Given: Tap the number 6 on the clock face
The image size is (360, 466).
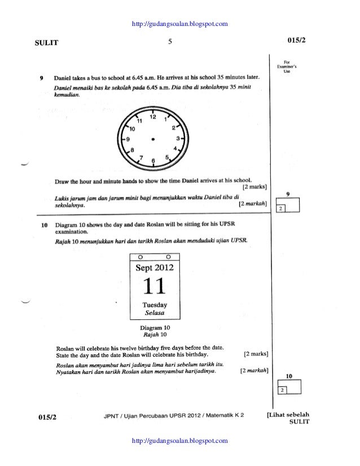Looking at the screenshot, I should tap(153, 161).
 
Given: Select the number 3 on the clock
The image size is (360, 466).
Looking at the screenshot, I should tap(178, 138).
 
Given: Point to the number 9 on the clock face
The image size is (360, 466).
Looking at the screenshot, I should tap(128, 138).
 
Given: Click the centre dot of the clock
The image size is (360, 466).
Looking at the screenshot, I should tap(153, 138).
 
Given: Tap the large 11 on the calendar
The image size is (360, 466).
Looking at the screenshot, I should tap(154, 286).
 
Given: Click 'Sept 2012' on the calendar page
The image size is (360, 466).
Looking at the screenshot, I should tap(155, 267).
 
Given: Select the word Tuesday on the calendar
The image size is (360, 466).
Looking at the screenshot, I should tap(154, 305).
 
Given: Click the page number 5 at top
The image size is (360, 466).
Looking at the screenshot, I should tap(170, 41).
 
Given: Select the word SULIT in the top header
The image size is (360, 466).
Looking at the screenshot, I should tap(47, 42).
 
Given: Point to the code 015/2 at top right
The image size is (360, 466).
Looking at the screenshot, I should tap(296, 41).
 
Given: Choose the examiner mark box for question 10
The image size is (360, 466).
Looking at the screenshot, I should tap(289, 387).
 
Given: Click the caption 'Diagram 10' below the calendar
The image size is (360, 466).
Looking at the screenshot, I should tap(155, 327).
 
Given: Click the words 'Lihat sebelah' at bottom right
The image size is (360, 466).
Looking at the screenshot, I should tap(288, 415).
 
